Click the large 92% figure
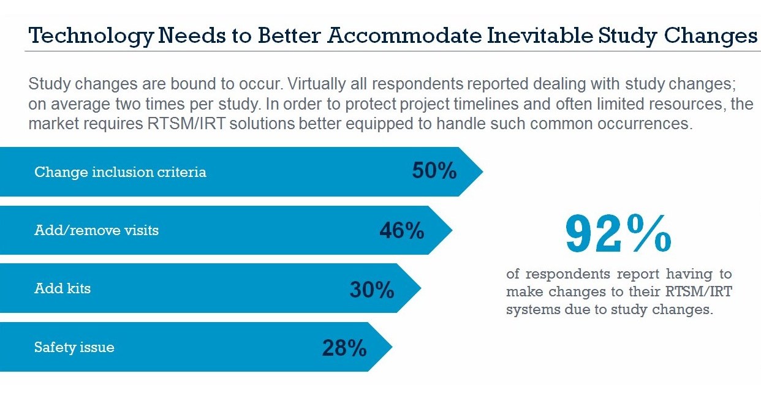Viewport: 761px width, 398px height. (618, 235)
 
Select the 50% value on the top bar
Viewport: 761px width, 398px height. (434, 171)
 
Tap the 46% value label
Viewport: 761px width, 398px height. (401, 230)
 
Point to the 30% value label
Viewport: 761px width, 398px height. (371, 289)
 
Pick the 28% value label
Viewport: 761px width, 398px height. (344, 348)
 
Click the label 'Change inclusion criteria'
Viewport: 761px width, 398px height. (120, 172)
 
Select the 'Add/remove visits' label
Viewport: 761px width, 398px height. (96, 230)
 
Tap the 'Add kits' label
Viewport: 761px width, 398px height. (62, 288)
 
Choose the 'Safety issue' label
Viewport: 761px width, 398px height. (74, 348)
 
